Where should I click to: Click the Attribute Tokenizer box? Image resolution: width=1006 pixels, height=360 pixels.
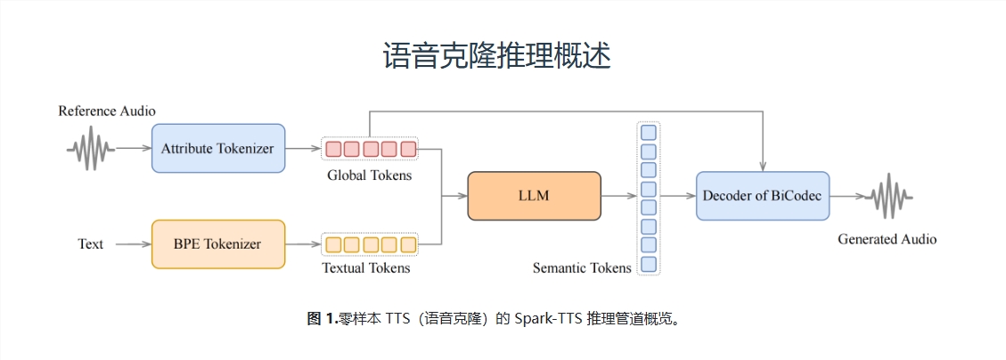pyautogui.click(x=218, y=148)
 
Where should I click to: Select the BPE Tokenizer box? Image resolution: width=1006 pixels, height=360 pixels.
pyautogui.click(x=218, y=243)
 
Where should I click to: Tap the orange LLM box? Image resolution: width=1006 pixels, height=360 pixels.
pyautogui.click(x=534, y=196)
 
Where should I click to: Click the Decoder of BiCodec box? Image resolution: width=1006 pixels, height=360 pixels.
pyautogui.click(x=762, y=196)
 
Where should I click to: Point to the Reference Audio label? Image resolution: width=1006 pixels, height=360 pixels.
pyautogui.click(x=107, y=111)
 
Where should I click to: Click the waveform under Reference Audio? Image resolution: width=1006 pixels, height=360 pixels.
pyautogui.click(x=90, y=149)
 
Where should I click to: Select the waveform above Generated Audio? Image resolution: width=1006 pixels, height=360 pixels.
pyautogui.click(x=887, y=196)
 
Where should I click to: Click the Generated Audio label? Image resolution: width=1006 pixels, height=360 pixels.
pyautogui.click(x=887, y=240)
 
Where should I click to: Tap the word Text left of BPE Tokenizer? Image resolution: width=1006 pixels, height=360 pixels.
pyautogui.click(x=90, y=244)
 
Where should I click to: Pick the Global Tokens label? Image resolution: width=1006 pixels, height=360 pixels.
pyautogui.click(x=369, y=176)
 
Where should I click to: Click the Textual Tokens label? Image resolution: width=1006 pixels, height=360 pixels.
pyautogui.click(x=366, y=267)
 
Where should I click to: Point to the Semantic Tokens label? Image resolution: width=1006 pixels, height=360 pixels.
pyautogui.click(x=582, y=267)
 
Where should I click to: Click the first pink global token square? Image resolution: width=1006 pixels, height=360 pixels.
pyautogui.click(x=332, y=149)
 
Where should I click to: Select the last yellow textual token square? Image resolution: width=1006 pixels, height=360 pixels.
pyautogui.click(x=408, y=243)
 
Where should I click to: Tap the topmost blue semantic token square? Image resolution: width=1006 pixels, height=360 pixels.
pyautogui.click(x=649, y=132)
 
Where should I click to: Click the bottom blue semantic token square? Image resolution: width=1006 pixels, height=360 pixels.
pyautogui.click(x=649, y=264)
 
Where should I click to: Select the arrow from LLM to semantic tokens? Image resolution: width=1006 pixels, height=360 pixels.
pyautogui.click(x=618, y=196)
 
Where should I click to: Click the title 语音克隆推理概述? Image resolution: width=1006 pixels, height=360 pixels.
pyautogui.click(x=496, y=55)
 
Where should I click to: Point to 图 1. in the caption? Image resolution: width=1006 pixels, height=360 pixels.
pyautogui.click(x=322, y=318)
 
